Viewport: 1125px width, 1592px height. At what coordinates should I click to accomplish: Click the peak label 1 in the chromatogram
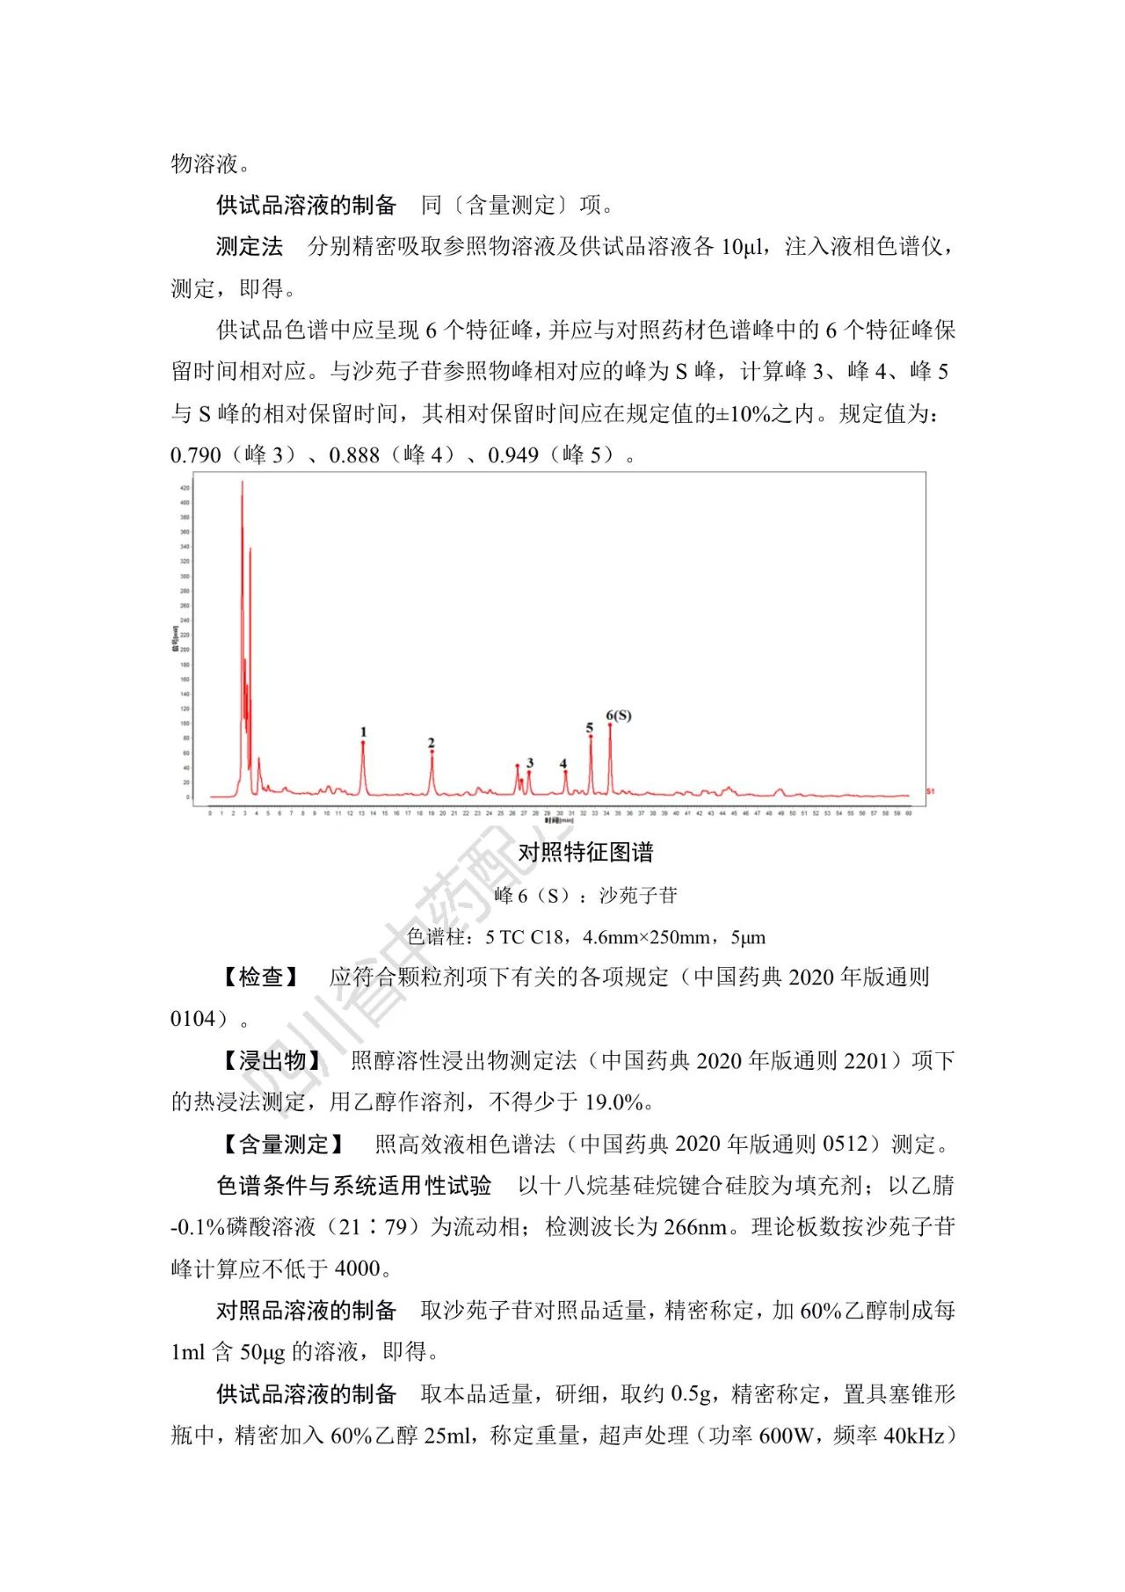(x=363, y=731)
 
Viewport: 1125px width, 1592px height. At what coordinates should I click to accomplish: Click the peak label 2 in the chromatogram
(x=432, y=743)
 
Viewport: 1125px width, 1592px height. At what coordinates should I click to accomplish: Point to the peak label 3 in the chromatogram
(x=530, y=763)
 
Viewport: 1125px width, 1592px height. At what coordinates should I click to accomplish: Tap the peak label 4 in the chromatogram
(x=563, y=764)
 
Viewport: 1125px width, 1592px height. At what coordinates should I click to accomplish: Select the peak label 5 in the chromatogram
(x=590, y=728)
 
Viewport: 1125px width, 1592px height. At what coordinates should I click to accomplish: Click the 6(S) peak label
(x=619, y=716)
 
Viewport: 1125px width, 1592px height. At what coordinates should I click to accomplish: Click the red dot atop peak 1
(x=363, y=743)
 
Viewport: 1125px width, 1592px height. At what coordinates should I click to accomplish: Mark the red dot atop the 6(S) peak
(x=610, y=724)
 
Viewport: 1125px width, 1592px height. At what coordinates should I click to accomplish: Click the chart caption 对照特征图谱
(x=585, y=852)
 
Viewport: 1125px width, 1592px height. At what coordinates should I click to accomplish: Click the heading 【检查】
(x=261, y=977)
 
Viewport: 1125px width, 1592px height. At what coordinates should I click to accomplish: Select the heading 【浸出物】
(x=272, y=1060)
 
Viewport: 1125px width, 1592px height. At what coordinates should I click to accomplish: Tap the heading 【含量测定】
(x=284, y=1144)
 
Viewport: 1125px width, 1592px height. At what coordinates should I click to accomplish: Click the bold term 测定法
(x=250, y=247)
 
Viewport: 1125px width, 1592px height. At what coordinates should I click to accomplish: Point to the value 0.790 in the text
(x=196, y=455)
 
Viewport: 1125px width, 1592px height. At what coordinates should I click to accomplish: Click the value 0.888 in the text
(x=354, y=455)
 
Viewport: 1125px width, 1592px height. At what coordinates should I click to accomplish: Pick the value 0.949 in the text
(x=513, y=455)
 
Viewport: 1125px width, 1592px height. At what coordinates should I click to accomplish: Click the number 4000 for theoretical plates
(x=358, y=1269)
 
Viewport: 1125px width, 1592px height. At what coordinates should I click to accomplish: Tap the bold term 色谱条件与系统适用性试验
(x=354, y=1186)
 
